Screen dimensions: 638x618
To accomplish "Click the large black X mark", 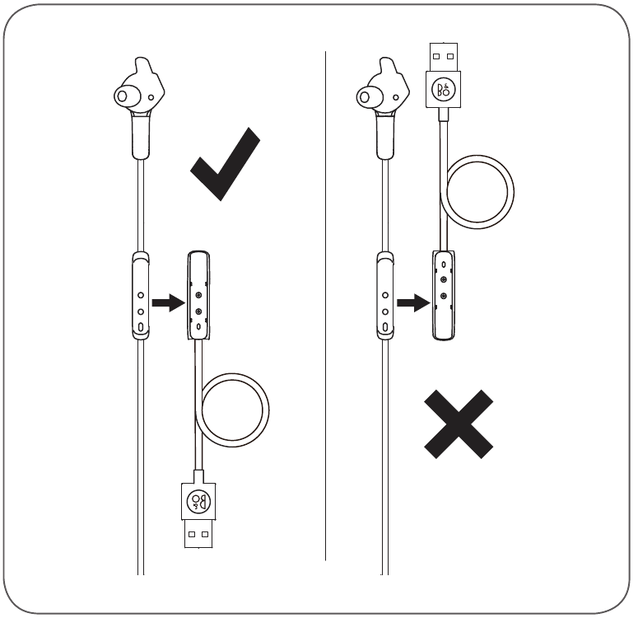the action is (459, 424).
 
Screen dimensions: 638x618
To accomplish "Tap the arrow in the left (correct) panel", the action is (169, 302).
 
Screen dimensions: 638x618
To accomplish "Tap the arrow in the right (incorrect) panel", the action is (413, 302).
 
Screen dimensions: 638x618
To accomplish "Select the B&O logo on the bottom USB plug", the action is (198, 501).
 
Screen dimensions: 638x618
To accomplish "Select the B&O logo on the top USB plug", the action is (443, 90).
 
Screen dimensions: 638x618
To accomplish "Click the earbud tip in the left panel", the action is (122, 96).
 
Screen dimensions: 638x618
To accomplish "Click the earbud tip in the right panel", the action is (365, 97).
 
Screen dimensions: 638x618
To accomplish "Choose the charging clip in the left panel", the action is (198, 295).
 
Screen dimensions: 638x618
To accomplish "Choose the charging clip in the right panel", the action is (443, 295).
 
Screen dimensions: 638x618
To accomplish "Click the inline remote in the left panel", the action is (141, 295).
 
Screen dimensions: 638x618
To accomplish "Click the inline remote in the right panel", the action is (385, 295).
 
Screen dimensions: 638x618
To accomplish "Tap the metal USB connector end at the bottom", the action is (198, 534).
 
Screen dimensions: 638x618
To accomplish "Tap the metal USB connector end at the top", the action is (444, 57).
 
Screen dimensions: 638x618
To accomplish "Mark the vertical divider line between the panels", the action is (325, 306).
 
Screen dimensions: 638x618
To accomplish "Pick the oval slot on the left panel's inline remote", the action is (141, 327).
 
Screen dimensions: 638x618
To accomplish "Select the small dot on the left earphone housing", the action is (151, 97).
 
